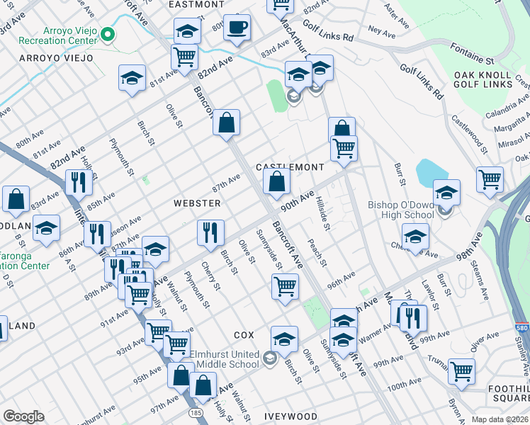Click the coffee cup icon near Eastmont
(x=237, y=28)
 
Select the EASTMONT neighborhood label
(x=196, y=4)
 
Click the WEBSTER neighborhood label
(x=197, y=203)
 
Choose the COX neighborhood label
(x=243, y=334)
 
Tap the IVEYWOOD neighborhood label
(x=291, y=416)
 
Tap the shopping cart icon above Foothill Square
(x=461, y=370)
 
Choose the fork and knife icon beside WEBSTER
(x=210, y=232)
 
